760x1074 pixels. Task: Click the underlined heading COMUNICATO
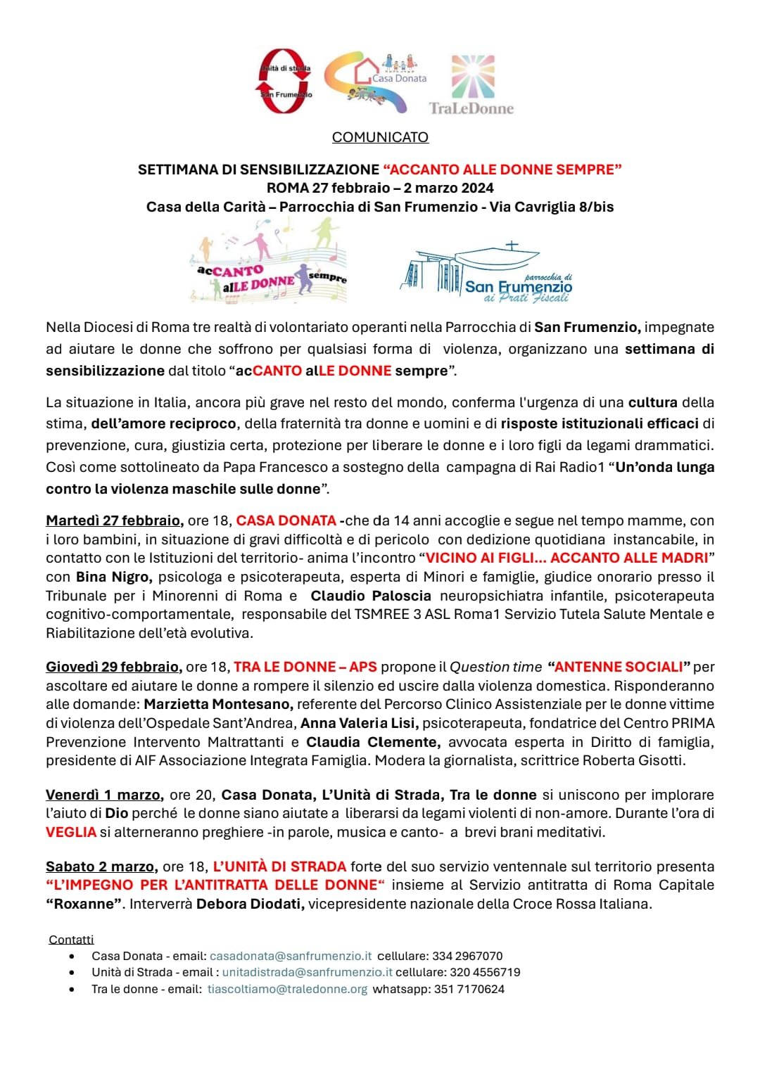[380, 137]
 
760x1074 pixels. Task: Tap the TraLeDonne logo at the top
[471, 84]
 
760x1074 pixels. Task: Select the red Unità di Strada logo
[284, 82]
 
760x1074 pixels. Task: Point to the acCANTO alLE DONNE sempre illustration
[268, 263]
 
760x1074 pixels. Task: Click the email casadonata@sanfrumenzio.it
[291, 956]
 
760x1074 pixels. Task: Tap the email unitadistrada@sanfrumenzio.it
[307, 972]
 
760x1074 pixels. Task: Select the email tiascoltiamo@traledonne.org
[287, 989]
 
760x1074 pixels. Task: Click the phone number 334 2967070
[467, 956]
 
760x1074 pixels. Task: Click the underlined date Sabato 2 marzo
[101, 867]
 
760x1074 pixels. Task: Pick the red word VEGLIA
[71, 832]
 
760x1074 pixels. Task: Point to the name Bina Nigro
[113, 577]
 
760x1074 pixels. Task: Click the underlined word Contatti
[71, 940]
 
